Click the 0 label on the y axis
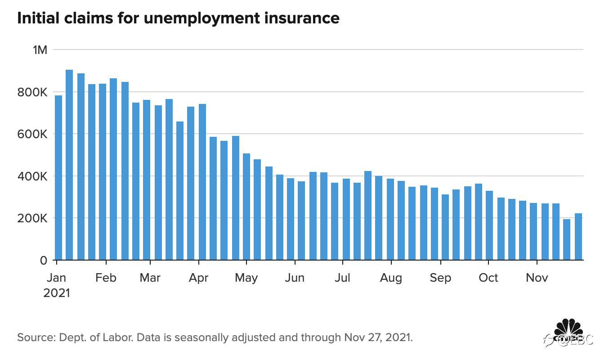point(43,261)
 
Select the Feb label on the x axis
point(106,278)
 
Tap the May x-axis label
point(246,278)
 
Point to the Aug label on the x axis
point(391,278)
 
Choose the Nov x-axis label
point(537,278)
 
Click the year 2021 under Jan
point(57,293)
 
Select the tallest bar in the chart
point(69,165)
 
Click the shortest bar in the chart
point(567,239)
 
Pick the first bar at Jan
point(58,178)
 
